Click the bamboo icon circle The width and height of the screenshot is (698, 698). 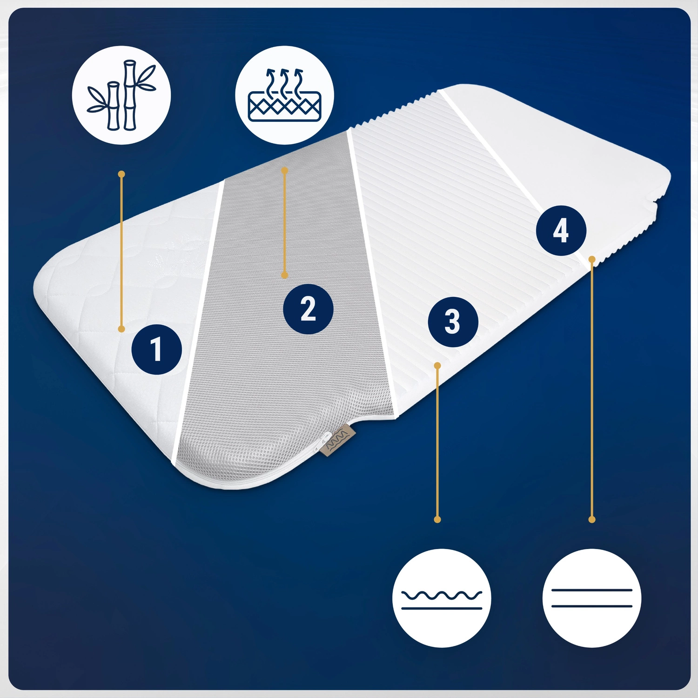[121, 95]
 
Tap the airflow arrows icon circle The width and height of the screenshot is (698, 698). [284, 95]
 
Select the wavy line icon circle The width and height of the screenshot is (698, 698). [442, 598]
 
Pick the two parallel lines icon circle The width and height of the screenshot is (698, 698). [592, 598]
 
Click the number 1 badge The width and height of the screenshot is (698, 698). [157, 349]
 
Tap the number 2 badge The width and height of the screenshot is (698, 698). [308, 309]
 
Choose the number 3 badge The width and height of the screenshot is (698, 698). [453, 322]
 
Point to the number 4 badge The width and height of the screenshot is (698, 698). [561, 230]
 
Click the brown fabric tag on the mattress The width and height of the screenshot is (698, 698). [335, 439]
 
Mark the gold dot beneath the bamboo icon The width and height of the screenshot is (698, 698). [121, 174]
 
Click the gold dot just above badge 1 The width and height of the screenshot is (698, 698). [121, 329]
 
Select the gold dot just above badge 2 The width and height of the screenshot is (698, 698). [285, 275]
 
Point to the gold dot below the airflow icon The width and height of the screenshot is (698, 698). [285, 171]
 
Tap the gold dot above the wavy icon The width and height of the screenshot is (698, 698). [437, 519]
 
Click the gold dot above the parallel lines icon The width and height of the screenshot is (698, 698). [592, 519]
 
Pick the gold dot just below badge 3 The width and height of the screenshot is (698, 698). [437, 366]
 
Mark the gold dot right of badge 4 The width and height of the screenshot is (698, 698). [592, 259]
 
